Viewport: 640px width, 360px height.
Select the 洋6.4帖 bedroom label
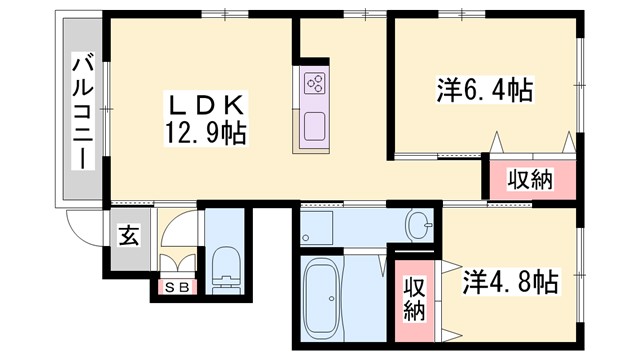483,90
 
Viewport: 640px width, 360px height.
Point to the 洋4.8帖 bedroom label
510,282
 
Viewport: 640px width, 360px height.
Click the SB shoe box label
177,288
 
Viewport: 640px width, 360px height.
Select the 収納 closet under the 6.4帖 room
529,181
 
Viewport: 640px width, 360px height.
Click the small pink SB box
177,288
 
